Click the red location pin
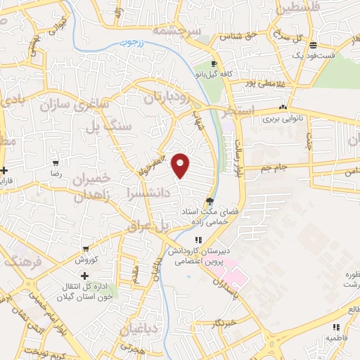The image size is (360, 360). [181, 166]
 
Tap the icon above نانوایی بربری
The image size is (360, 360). [283, 108]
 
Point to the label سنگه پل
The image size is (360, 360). [108, 127]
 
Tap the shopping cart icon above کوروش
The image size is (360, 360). [86, 249]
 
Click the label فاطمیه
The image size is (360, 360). [336, 337]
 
